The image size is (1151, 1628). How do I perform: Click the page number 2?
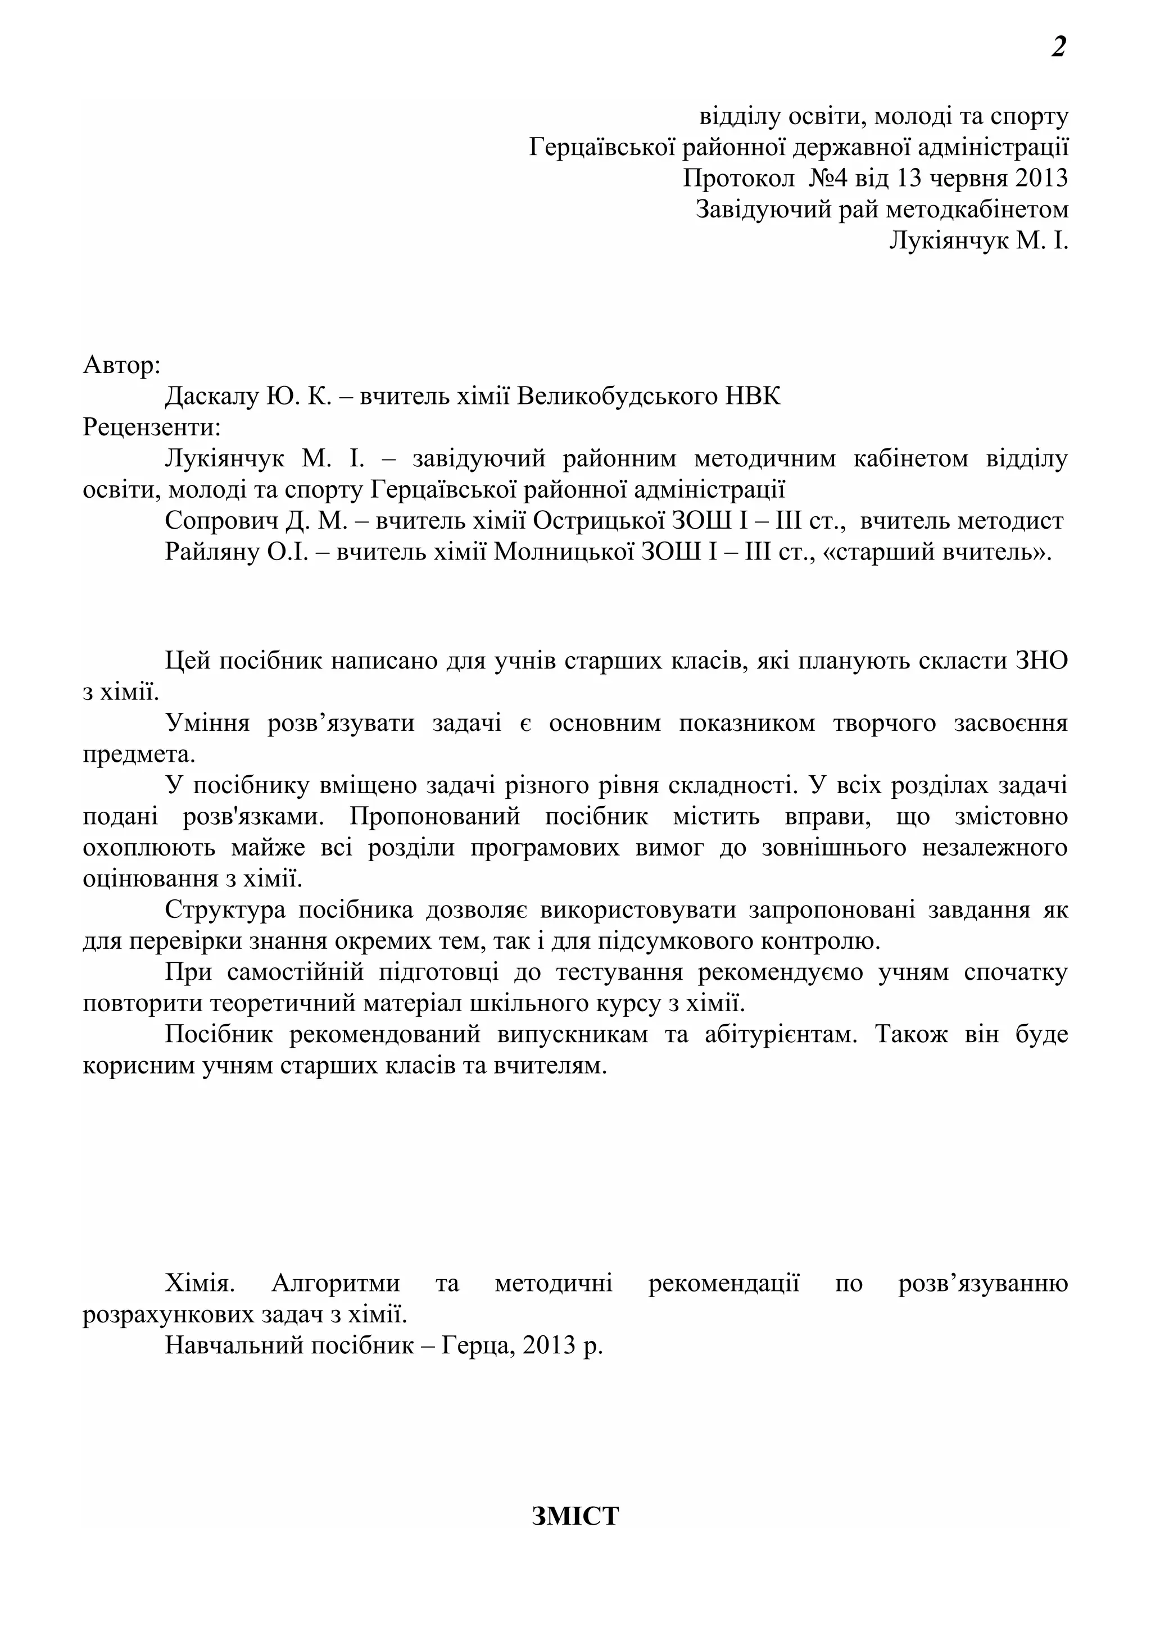[x=1058, y=47]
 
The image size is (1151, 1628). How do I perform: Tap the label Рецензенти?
[x=152, y=427]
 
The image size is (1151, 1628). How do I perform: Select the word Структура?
[x=225, y=910]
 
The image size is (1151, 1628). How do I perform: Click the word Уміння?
[x=207, y=723]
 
